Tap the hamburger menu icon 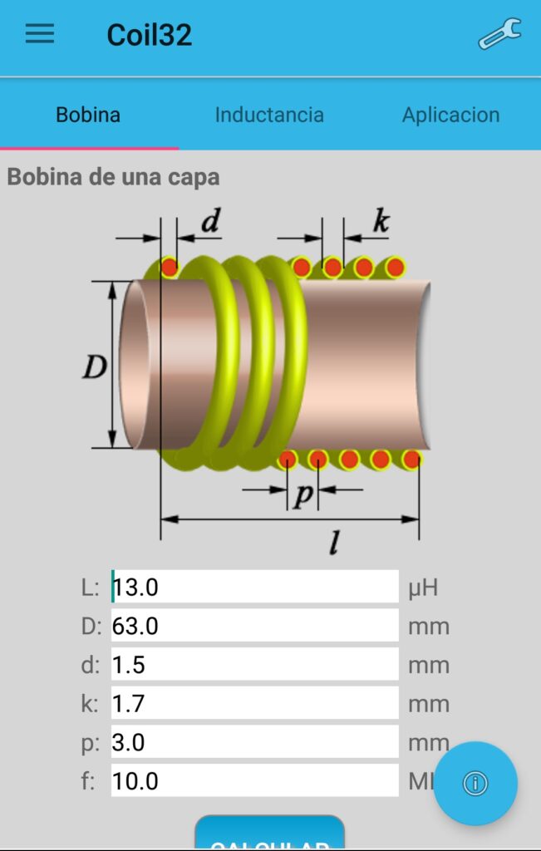(x=40, y=34)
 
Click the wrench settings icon (x=499, y=34)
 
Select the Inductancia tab (x=269, y=115)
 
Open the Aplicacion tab (x=450, y=115)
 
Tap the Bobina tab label (x=88, y=115)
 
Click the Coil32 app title (x=150, y=35)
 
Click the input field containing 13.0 (x=254, y=588)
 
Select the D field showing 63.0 (x=254, y=626)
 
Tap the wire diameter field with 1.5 (x=254, y=665)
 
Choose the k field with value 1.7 (x=254, y=704)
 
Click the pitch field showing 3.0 (x=254, y=742)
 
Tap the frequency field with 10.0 (x=254, y=781)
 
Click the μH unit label (x=423, y=588)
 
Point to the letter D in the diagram (x=95, y=366)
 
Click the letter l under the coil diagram (x=334, y=543)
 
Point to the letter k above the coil (x=381, y=221)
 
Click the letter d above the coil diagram (x=211, y=221)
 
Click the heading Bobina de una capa (x=113, y=177)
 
